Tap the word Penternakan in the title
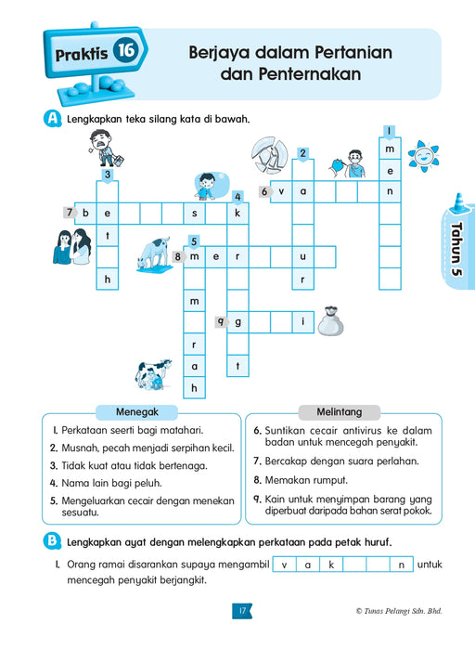[290, 73]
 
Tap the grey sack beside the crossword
[330, 322]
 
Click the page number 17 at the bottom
[240, 610]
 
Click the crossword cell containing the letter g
[237, 322]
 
